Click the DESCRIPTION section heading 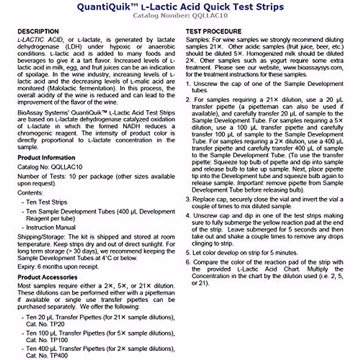coord(38,31)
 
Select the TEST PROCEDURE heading coord(213,31)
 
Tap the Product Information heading coord(46,158)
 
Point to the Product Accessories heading coord(47,277)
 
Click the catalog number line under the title coord(180,16)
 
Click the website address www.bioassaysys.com coord(313,67)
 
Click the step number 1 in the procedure coord(188,84)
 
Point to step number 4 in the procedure coord(188,216)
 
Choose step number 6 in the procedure coord(188,262)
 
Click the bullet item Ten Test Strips coord(46,202)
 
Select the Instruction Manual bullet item coord(51,227)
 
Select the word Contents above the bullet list coord(30,193)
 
